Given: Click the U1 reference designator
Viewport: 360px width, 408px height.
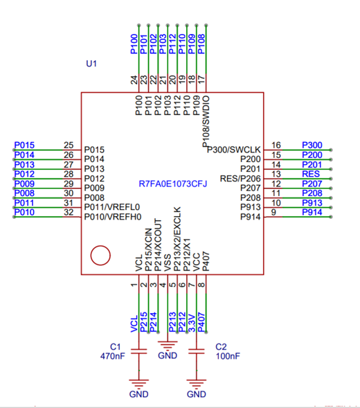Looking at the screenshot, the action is [x=91, y=64].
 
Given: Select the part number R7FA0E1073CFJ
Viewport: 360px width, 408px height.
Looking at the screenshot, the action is [x=172, y=184].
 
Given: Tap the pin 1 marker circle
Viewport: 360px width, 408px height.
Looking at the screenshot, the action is [x=100, y=256].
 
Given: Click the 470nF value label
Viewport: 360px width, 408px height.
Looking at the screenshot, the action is [x=113, y=356].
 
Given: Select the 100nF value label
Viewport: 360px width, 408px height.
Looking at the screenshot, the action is [x=228, y=356].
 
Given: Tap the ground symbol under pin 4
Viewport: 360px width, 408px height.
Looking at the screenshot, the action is [x=168, y=346].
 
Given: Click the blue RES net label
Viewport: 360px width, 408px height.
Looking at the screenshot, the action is [x=311, y=174].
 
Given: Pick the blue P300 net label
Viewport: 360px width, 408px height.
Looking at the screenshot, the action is [x=312, y=145].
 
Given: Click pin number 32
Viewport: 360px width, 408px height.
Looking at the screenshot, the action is [x=69, y=213].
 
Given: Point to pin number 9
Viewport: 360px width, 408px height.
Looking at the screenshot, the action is [x=273, y=213].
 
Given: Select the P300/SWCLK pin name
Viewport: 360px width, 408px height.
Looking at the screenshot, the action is [x=234, y=150].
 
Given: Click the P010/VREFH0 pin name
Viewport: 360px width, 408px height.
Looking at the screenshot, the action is [x=113, y=217].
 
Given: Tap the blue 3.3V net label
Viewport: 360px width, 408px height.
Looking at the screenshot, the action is [x=192, y=323].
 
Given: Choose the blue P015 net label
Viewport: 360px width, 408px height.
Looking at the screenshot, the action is [x=24, y=145].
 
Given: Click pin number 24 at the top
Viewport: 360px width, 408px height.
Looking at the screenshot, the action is [x=134, y=80].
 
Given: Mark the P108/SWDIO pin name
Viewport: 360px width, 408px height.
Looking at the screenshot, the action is [x=206, y=121].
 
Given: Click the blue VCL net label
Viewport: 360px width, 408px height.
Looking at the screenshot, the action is [x=134, y=324].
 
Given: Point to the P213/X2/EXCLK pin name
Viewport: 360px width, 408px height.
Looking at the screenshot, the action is [x=177, y=239].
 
